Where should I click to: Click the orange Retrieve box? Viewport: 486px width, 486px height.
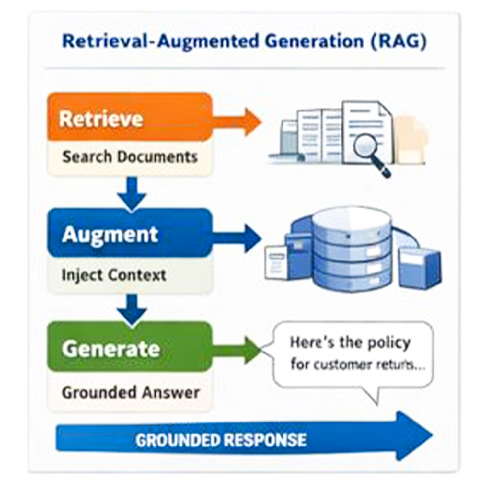point(130,117)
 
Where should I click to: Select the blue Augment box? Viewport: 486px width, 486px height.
point(130,233)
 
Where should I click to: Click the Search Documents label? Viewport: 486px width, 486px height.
point(130,157)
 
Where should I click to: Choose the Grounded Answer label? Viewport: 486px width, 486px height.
point(130,393)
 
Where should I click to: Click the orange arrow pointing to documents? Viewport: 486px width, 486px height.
point(240,122)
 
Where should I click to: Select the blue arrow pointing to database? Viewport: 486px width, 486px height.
point(240,238)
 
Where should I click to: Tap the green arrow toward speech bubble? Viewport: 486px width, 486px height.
point(240,350)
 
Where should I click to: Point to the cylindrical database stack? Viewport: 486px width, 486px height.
point(352,249)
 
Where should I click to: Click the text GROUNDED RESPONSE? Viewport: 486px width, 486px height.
point(221,440)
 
